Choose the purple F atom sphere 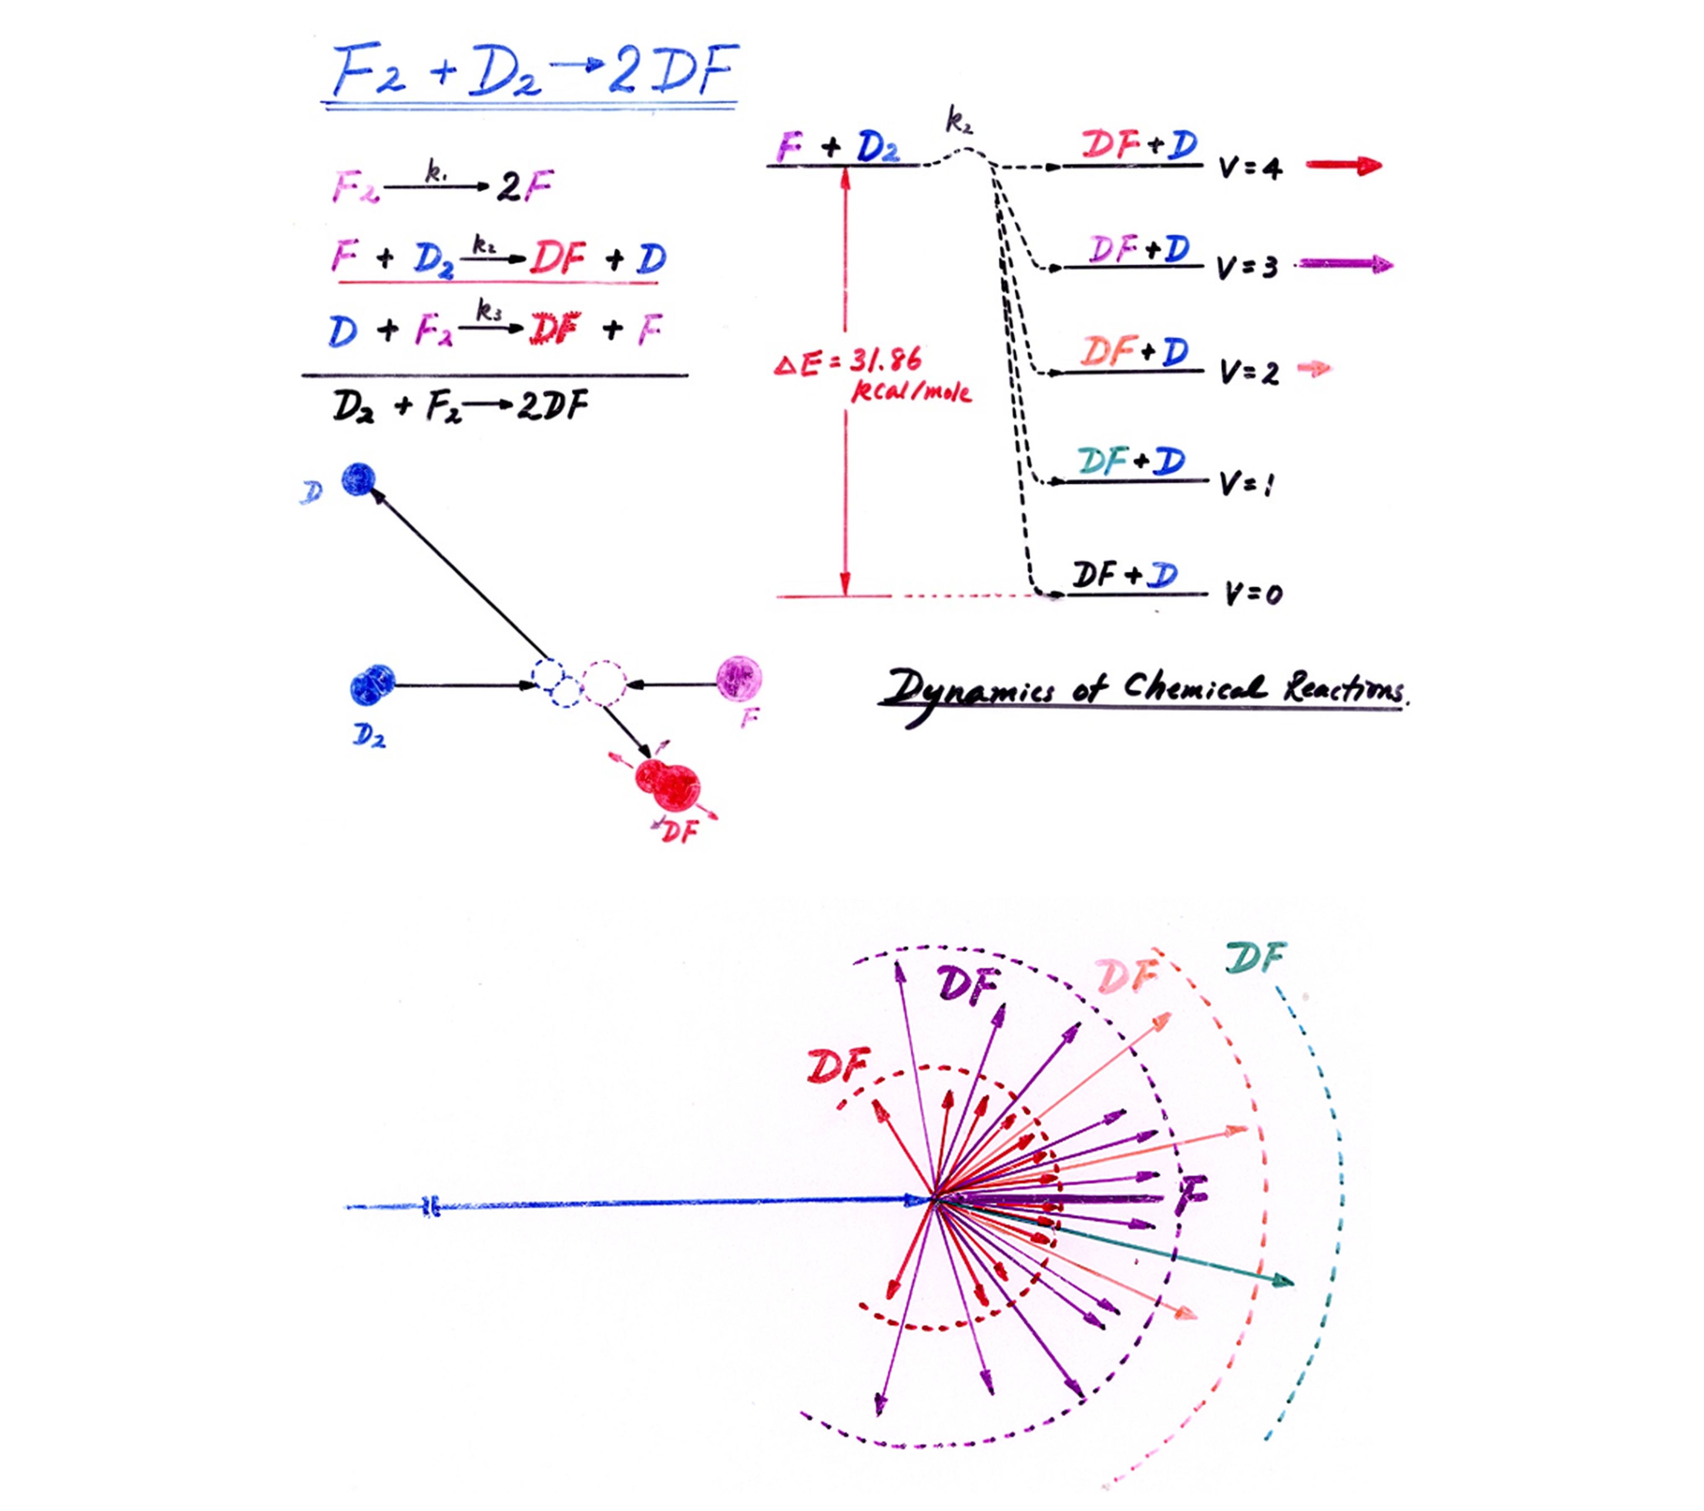(739, 677)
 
